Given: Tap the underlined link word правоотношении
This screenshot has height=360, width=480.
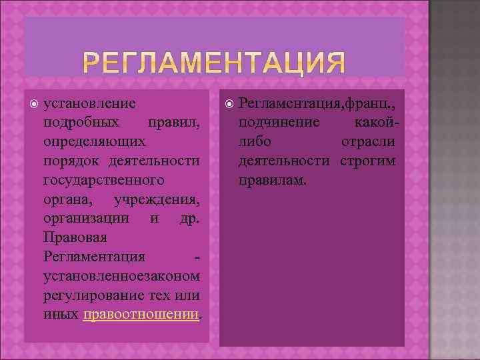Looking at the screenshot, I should [141, 313].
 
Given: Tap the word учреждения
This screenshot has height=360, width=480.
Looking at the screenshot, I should [157, 199].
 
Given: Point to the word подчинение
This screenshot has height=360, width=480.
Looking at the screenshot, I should [279, 123].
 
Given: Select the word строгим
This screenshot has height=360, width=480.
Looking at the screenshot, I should [367, 161].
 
